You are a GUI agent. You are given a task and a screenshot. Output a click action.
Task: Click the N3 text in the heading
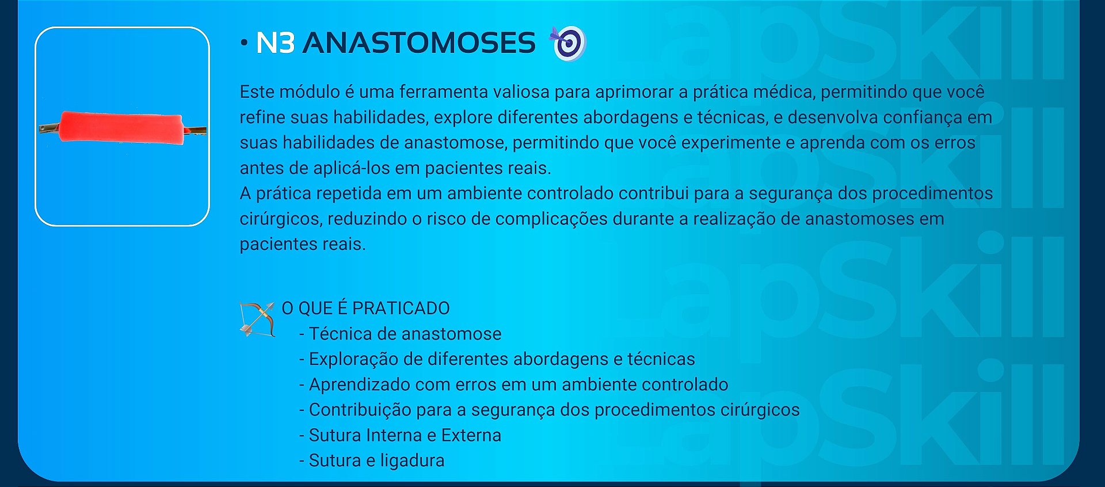(275, 43)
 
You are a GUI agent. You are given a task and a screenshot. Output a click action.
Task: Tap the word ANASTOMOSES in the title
(419, 43)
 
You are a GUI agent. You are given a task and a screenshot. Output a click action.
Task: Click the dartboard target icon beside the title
(569, 43)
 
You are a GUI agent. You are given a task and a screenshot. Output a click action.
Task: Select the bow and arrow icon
(257, 318)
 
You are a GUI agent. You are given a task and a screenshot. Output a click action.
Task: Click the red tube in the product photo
(121, 127)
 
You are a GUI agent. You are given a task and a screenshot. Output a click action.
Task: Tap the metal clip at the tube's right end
(195, 131)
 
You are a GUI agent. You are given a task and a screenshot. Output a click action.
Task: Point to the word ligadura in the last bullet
(412, 461)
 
